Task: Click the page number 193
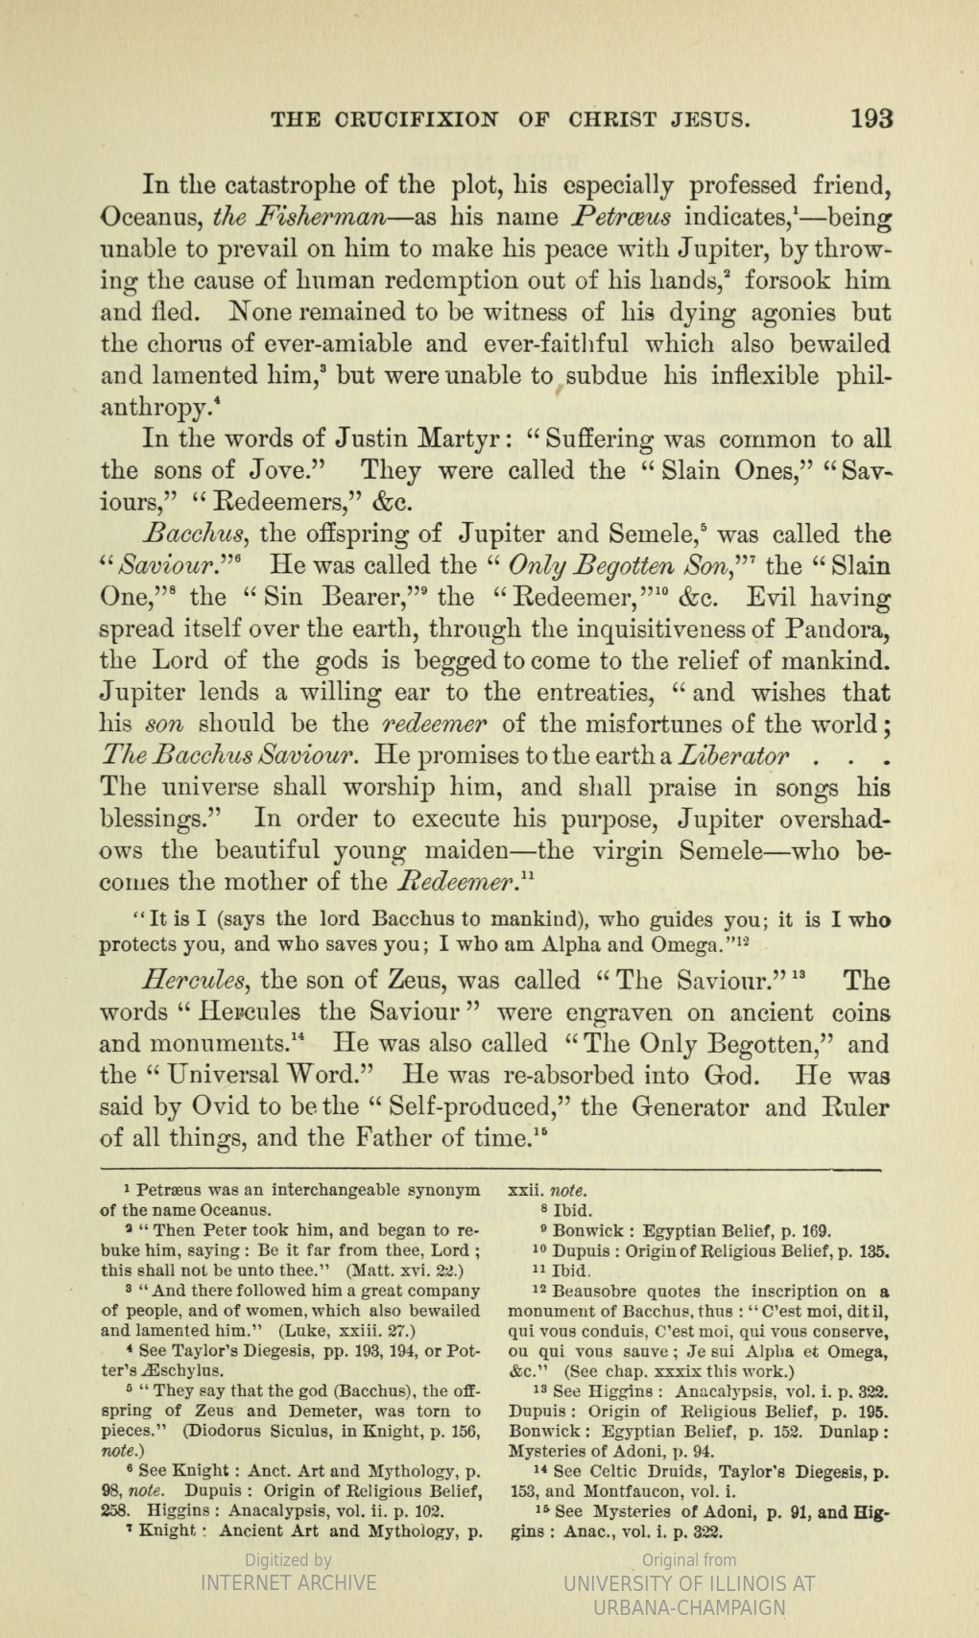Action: coord(872,119)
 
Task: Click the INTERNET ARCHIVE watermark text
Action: coord(288,1581)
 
